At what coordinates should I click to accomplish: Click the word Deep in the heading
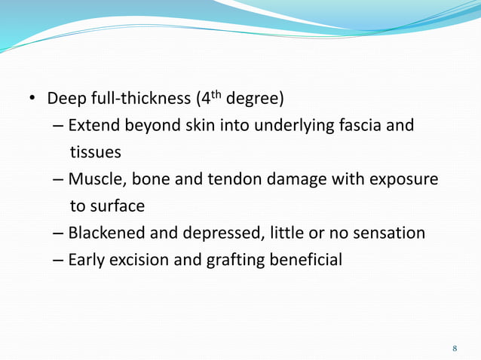[65, 99]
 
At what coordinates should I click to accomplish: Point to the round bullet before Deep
[32, 99]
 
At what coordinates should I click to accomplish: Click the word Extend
[94, 125]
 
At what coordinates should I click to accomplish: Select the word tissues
[95, 152]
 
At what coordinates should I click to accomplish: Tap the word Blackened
[107, 233]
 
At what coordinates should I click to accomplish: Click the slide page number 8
[455, 348]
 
